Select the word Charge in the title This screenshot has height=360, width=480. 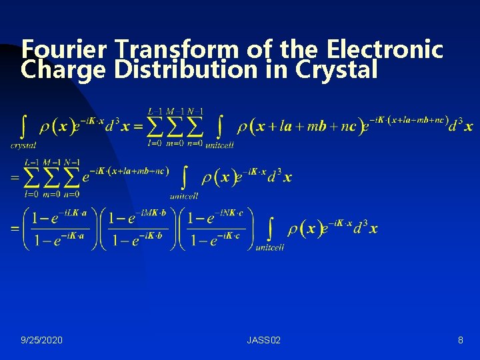63,69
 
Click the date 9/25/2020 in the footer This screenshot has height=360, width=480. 42,340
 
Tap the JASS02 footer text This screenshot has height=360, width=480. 263,340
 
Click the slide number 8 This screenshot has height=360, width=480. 460,340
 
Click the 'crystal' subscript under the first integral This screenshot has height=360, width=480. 23,145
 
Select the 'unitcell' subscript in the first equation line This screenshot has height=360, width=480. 219,144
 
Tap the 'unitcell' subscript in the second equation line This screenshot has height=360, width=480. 184,196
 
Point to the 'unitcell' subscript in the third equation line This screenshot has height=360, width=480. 270,247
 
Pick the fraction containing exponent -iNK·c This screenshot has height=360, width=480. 217,229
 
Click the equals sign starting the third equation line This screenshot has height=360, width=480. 14,229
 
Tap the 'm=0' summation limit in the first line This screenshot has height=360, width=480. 175,142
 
